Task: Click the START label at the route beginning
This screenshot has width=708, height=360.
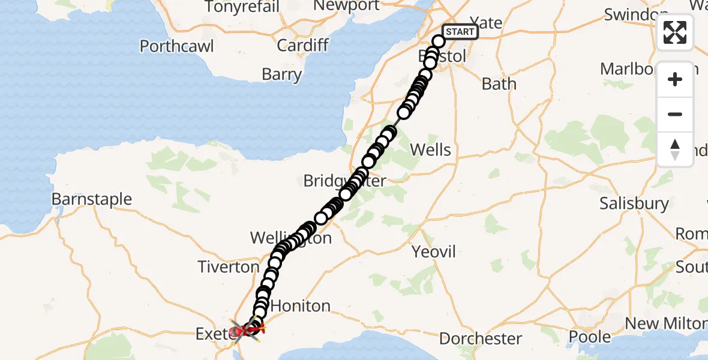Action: tap(460, 32)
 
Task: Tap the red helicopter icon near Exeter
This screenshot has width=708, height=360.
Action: tap(245, 329)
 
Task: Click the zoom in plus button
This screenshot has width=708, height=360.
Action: tap(675, 79)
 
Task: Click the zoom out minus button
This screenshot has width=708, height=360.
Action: tap(675, 114)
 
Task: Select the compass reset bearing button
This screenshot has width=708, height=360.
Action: tap(675, 149)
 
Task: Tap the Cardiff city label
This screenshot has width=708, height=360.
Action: tap(302, 45)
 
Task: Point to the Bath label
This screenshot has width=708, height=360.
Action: tap(499, 83)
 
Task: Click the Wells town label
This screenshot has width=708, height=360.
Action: tap(431, 149)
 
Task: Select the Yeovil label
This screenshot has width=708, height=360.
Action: tap(434, 251)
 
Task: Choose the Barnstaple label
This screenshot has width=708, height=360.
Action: tap(92, 199)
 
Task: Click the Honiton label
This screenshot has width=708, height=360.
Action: tap(301, 306)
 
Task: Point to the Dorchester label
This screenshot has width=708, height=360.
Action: tap(481, 338)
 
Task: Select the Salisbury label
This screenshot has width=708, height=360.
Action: tap(634, 203)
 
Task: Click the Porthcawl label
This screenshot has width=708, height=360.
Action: tap(177, 46)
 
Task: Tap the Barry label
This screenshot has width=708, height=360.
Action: tap(281, 74)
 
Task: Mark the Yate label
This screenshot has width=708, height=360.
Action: tap(487, 23)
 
